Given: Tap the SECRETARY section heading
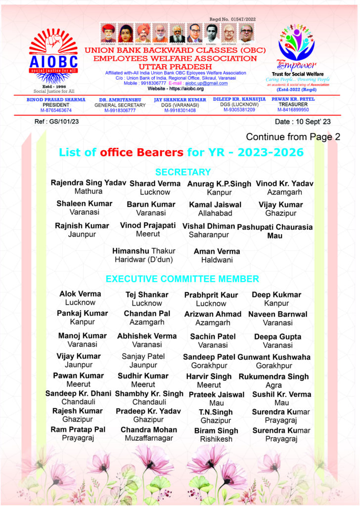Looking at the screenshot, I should click(183, 172).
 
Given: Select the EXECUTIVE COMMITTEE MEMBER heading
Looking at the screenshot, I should click(182, 279).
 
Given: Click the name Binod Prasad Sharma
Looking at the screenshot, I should click(55, 99).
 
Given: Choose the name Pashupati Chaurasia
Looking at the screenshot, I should click(275, 227).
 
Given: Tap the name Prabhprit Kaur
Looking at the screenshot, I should click(211, 295).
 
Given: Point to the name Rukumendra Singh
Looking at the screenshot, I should click(273, 377).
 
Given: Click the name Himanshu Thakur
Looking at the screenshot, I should click(144, 251).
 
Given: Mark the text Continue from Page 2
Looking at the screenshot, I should click(293, 137).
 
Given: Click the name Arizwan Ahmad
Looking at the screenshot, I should click(213, 314).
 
